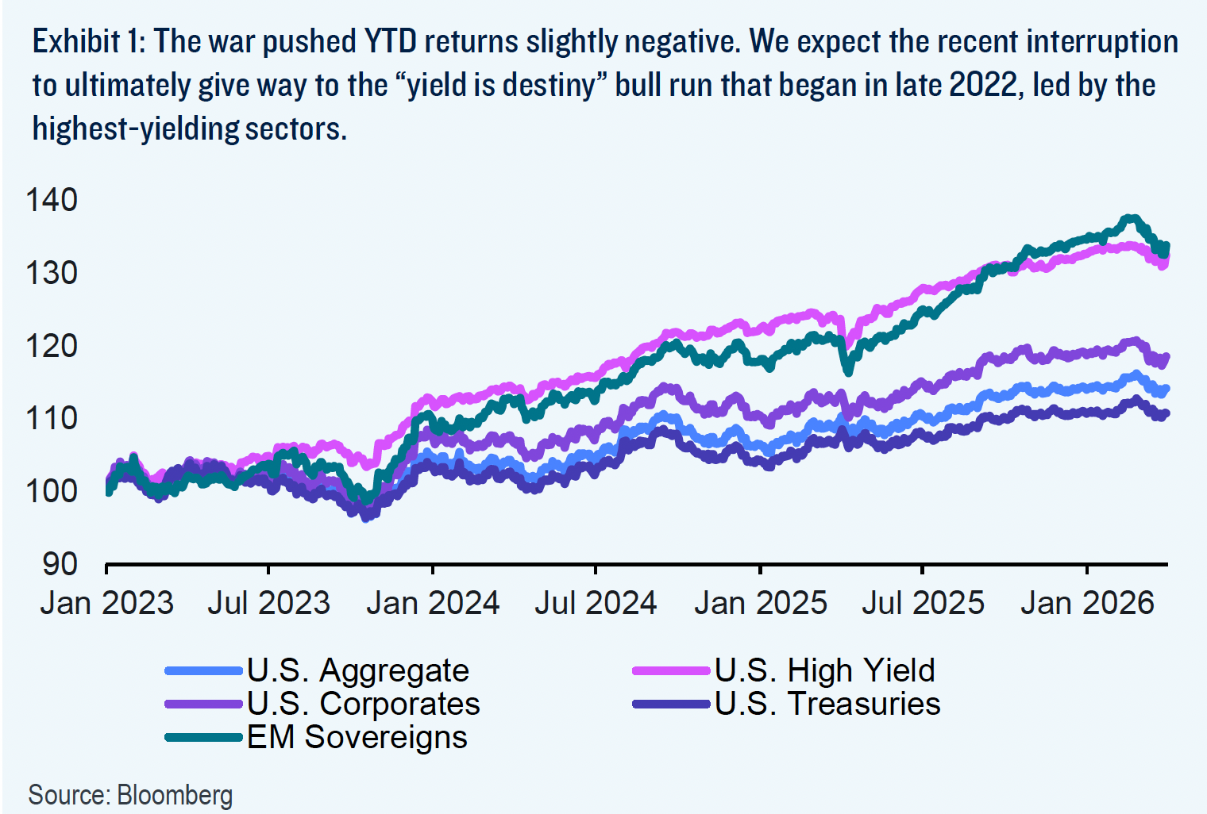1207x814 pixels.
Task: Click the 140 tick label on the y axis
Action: pyautogui.click(x=52, y=200)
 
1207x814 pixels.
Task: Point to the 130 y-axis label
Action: pyautogui.click(x=52, y=273)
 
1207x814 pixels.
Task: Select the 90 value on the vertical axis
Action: pyautogui.click(x=60, y=564)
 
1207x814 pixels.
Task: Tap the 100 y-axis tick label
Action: pyautogui.click(x=52, y=491)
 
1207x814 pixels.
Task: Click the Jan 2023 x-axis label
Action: pyautogui.click(x=107, y=603)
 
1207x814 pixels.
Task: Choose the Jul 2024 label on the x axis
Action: pyautogui.click(x=596, y=603)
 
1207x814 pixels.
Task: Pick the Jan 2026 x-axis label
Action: pyautogui.click(x=1086, y=603)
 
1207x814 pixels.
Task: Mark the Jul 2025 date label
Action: pyautogui.click(x=923, y=603)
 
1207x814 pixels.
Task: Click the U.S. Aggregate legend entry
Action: pyautogui.click(x=357, y=671)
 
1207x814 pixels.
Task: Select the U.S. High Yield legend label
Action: pyautogui.click(x=824, y=671)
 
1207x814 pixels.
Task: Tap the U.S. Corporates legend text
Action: pyautogui.click(x=363, y=705)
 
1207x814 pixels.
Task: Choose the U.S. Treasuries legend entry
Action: pyautogui.click(x=827, y=705)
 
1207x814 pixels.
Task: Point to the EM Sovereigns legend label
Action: pyautogui.click(x=357, y=738)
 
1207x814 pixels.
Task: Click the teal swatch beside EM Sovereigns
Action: pyautogui.click(x=203, y=738)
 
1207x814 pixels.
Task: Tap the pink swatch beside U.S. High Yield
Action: pyautogui.click(x=671, y=671)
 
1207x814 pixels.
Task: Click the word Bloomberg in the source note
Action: pyautogui.click(x=175, y=795)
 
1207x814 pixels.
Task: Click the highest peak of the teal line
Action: pyautogui.click(x=1128, y=218)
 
